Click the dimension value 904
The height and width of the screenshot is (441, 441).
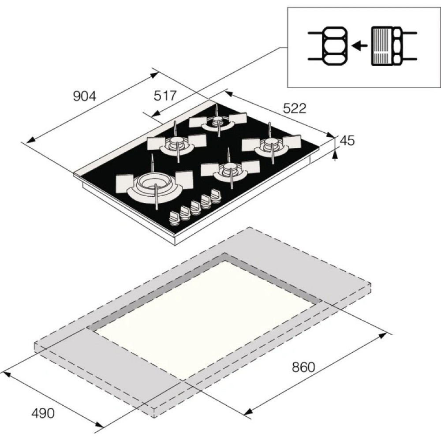click(84, 96)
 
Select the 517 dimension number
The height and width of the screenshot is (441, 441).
click(165, 95)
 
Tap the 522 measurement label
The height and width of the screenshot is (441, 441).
click(295, 108)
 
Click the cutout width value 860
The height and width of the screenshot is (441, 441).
click(303, 367)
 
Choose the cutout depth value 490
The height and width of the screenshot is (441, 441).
click(43, 413)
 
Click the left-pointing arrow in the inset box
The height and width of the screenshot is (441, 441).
click(360, 45)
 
